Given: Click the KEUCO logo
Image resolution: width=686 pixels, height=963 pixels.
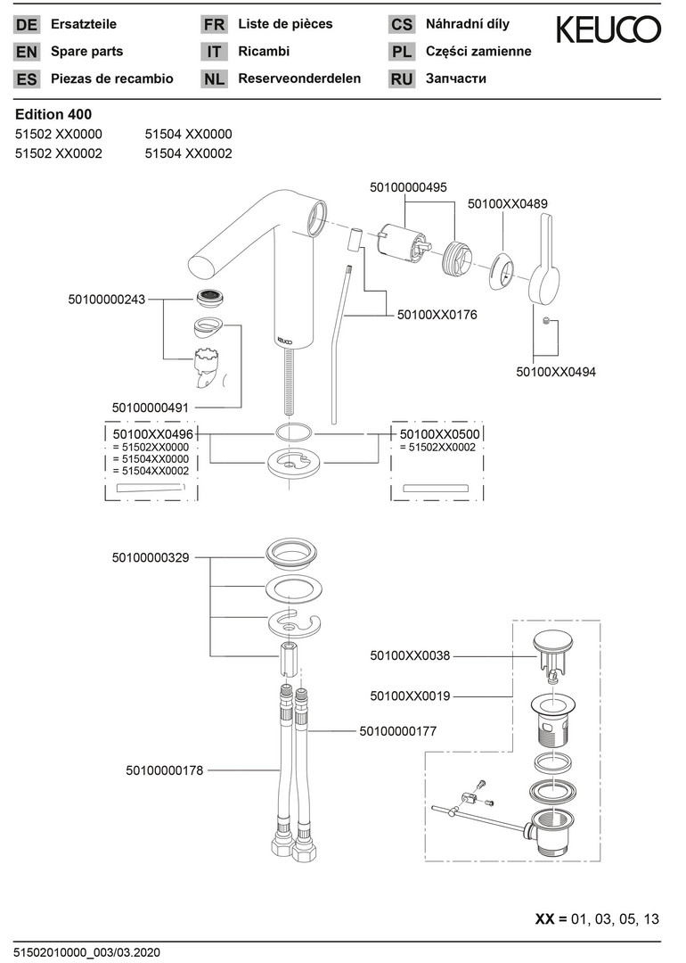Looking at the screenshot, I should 608,30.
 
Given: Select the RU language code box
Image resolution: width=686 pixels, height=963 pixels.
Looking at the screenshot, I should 402,79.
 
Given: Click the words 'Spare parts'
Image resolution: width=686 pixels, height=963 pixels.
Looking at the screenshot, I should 87,52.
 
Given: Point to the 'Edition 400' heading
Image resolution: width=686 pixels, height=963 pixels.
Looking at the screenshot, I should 53,114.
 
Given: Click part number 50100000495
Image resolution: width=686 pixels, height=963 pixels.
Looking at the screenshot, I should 408,187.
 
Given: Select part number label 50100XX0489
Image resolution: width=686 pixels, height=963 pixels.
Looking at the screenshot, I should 508,204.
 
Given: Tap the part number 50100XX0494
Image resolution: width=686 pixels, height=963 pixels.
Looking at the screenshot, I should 556,372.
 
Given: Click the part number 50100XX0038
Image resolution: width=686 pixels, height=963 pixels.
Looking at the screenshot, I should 410,655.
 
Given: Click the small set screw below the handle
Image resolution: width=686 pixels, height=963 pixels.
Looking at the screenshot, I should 544,320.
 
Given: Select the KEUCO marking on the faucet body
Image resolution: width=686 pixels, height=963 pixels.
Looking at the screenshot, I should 282,339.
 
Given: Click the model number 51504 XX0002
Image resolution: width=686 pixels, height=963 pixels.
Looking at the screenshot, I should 188,153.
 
